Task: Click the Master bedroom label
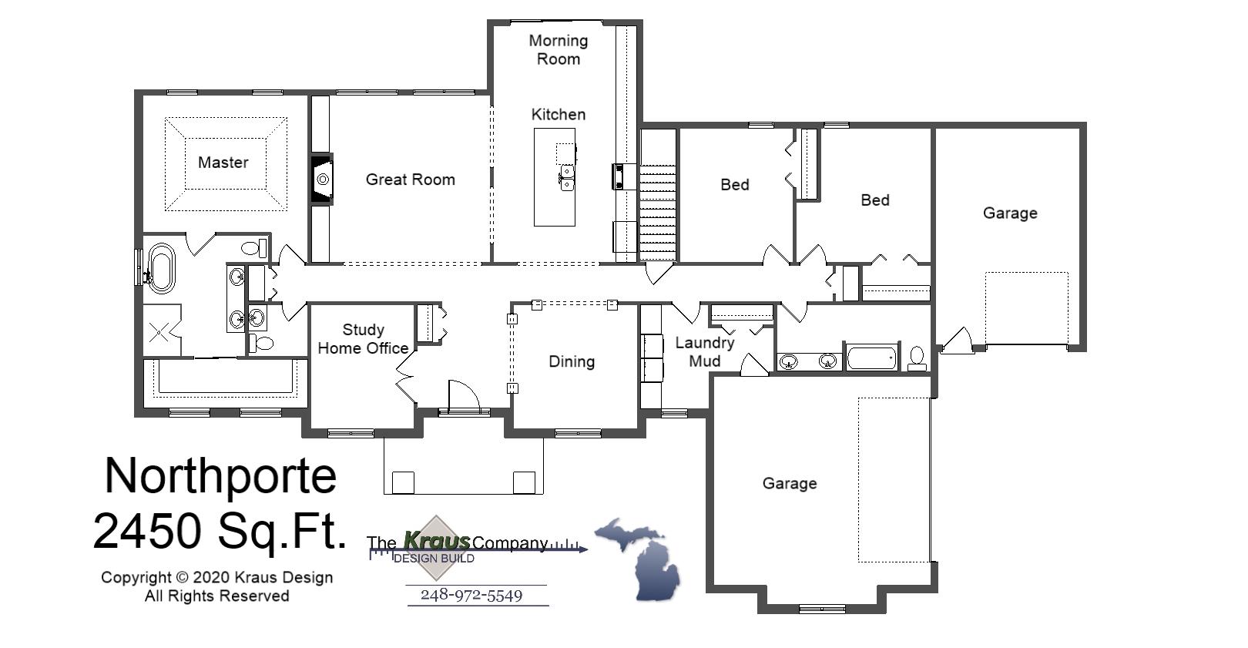click(223, 163)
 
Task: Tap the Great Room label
click(410, 180)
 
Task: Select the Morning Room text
click(558, 49)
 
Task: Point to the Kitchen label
click(558, 115)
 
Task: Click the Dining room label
click(571, 361)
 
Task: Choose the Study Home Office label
click(363, 339)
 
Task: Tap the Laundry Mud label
click(704, 351)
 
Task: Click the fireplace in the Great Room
click(322, 180)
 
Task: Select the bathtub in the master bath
click(161, 267)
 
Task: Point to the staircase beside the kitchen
click(658, 212)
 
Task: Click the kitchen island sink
click(566, 177)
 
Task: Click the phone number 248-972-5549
click(471, 595)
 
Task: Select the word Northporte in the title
click(220, 475)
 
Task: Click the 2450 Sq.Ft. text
click(220, 531)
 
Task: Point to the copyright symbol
click(182, 577)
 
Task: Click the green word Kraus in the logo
click(436, 541)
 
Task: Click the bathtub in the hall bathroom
click(871, 358)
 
